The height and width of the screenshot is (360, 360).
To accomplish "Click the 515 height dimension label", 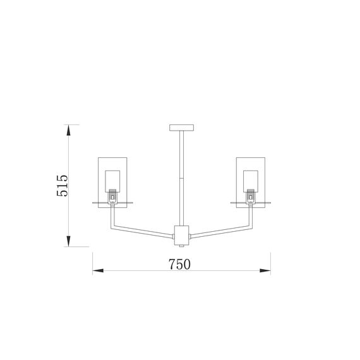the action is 63,186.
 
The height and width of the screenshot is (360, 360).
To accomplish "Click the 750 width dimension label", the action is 179,264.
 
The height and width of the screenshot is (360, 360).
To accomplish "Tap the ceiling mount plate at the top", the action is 182,128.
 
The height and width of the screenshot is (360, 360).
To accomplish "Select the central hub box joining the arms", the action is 182,236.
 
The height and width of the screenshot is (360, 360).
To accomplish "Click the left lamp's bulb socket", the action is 112,197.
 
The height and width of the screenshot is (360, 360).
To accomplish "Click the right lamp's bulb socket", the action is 251,197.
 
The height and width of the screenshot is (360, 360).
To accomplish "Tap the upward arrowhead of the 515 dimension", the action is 68,130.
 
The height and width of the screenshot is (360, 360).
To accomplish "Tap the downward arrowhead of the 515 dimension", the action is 68,241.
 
